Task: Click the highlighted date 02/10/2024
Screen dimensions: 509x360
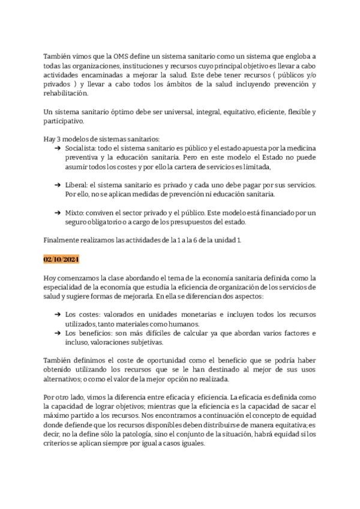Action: coord(62,259)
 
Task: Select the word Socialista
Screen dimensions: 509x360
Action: coord(80,148)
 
